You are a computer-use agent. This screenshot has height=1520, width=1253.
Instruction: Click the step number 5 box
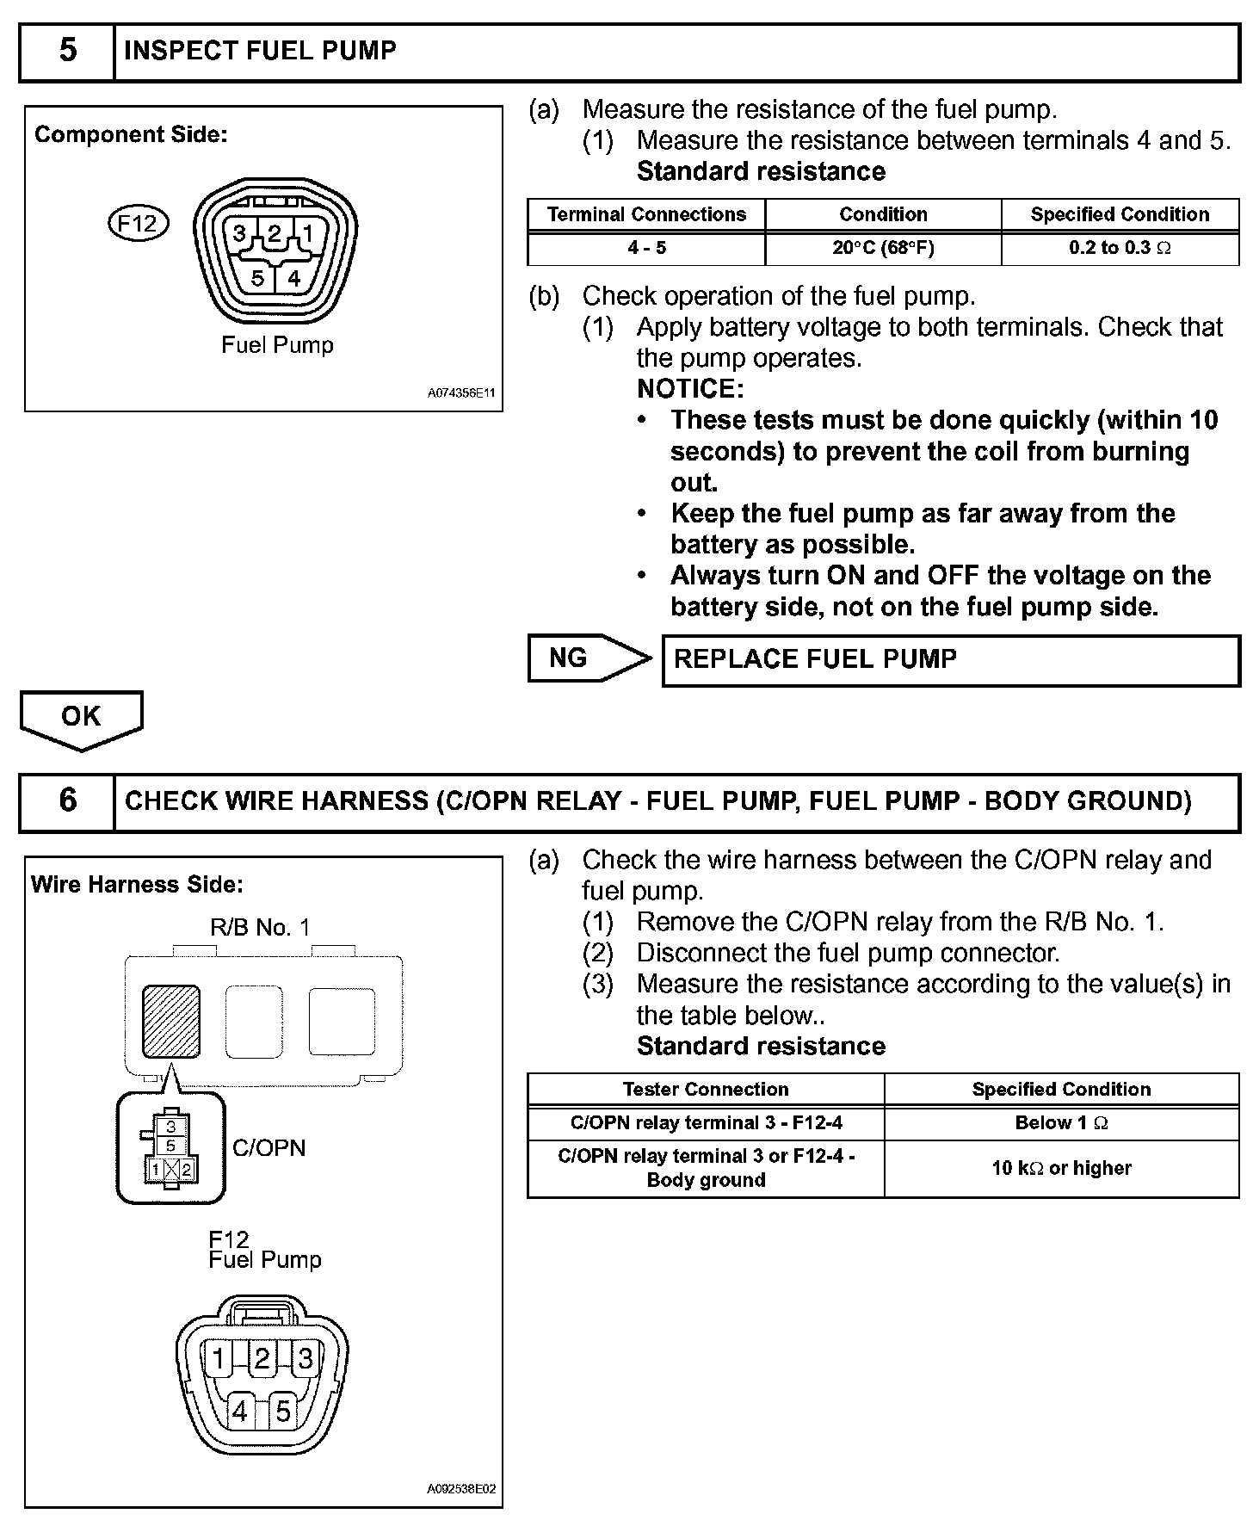click(x=67, y=51)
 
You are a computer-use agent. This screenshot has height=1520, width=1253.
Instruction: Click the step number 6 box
click(x=67, y=800)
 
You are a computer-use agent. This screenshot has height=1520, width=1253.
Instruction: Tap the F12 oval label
click(x=138, y=224)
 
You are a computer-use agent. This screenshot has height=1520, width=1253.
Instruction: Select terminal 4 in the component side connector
click(x=294, y=278)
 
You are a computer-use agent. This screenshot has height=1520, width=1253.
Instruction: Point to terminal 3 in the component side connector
click(x=240, y=233)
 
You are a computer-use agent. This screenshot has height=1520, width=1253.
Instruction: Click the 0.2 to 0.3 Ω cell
click(x=1120, y=248)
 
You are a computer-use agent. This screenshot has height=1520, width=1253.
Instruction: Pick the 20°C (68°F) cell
click(x=883, y=248)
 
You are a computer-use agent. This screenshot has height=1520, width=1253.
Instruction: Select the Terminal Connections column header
click(x=646, y=214)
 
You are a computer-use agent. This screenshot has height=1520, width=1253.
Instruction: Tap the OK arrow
click(x=81, y=719)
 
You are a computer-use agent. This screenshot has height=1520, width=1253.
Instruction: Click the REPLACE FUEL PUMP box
click(x=950, y=660)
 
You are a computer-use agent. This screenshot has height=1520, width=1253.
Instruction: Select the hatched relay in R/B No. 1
click(x=171, y=1022)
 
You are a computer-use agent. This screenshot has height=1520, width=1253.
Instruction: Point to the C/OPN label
click(x=269, y=1148)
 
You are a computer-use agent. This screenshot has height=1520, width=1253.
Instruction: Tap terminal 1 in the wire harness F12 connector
click(x=219, y=1359)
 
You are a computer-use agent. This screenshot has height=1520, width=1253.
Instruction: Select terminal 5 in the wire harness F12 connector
click(x=282, y=1411)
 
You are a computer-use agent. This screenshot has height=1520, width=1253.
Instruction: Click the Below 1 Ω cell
click(x=1061, y=1123)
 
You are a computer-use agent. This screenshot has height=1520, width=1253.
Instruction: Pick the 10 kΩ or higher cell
click(x=1061, y=1168)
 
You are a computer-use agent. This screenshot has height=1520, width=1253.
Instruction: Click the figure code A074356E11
click(x=461, y=393)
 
